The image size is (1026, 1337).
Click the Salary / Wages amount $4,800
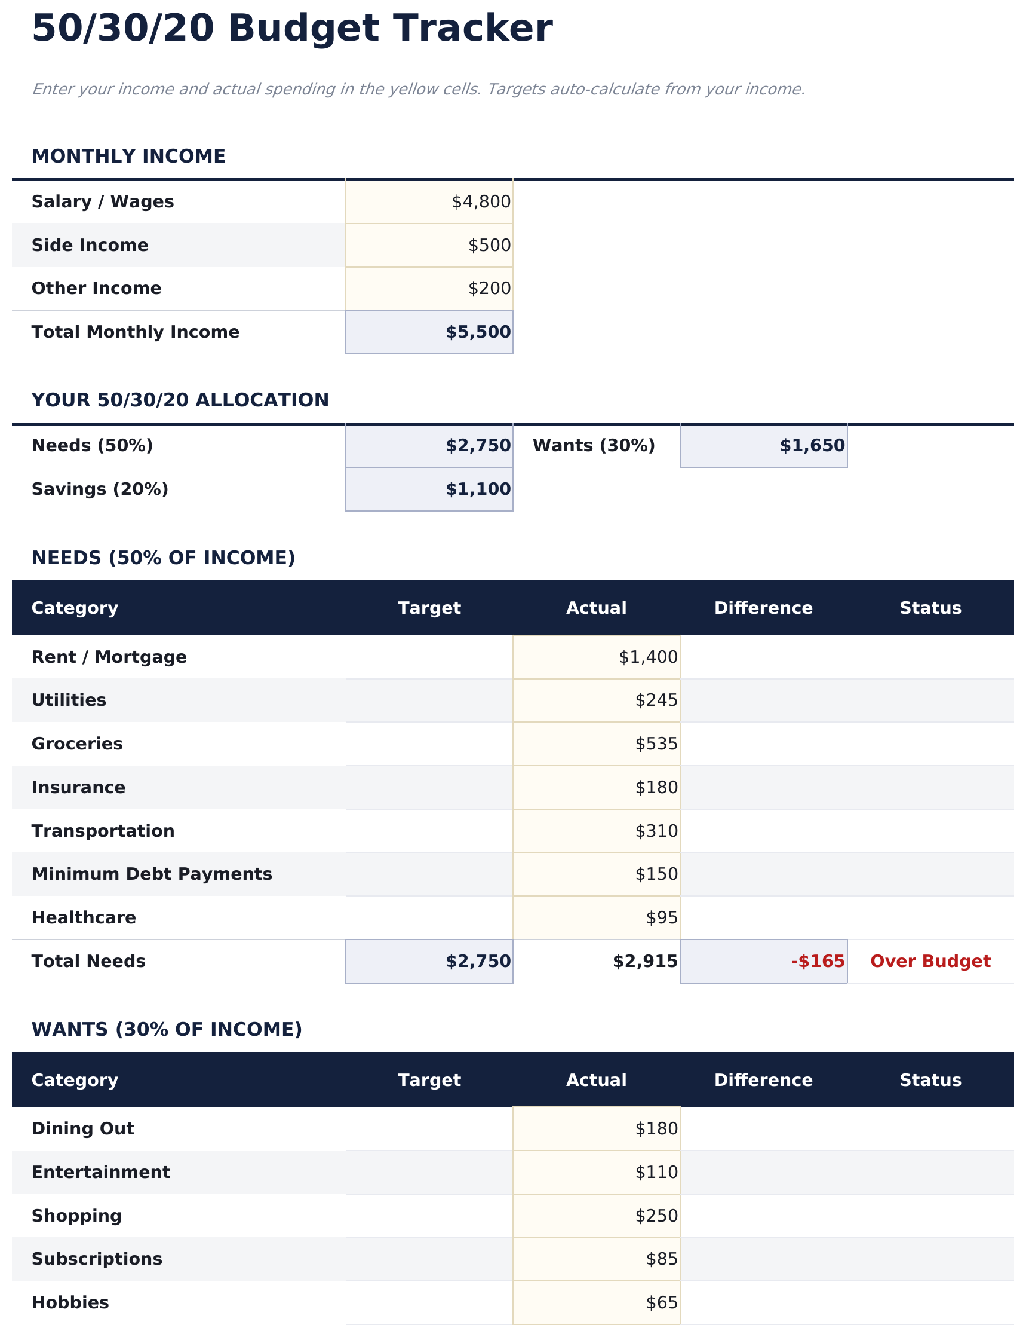(481, 201)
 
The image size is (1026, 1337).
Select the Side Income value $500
(489, 246)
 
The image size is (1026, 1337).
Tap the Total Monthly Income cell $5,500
(478, 332)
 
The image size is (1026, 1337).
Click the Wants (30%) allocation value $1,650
(812, 446)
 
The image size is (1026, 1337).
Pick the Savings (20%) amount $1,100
(478, 489)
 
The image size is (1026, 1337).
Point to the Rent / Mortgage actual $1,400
(647, 657)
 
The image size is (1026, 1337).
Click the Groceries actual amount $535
(656, 744)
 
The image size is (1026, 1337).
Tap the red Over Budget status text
(929, 962)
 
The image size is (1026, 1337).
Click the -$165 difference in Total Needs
(817, 962)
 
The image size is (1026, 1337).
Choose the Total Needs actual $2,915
(644, 962)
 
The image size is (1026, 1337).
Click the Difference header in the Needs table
(763, 608)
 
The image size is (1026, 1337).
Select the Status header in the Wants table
(929, 1081)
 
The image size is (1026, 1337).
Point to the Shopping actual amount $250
(656, 1216)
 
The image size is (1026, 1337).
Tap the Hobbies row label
(70, 1303)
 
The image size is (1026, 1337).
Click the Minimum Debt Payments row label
(152, 874)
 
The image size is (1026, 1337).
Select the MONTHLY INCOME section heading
(128, 157)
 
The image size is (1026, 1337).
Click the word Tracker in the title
(472, 29)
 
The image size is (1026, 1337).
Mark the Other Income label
(97, 289)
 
